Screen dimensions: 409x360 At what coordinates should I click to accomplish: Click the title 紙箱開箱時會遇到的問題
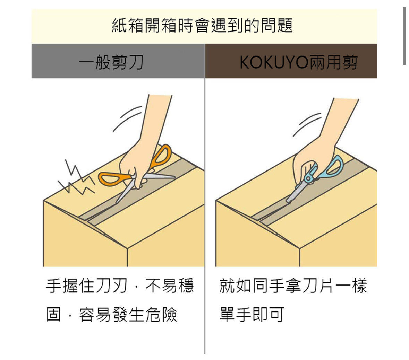coord(202,25)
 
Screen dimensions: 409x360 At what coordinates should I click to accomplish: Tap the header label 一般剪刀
coord(111,62)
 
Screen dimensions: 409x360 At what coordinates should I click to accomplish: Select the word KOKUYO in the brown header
coord(274,62)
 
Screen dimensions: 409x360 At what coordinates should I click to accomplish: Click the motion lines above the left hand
coord(127,118)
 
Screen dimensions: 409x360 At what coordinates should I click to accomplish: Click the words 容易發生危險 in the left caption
coord(128,314)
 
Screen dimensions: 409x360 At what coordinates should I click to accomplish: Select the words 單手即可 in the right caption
coord(252,314)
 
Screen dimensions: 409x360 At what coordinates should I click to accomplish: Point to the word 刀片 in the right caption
coord(317,286)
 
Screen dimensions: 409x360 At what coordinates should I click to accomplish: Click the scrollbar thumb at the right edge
coord(404,36)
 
